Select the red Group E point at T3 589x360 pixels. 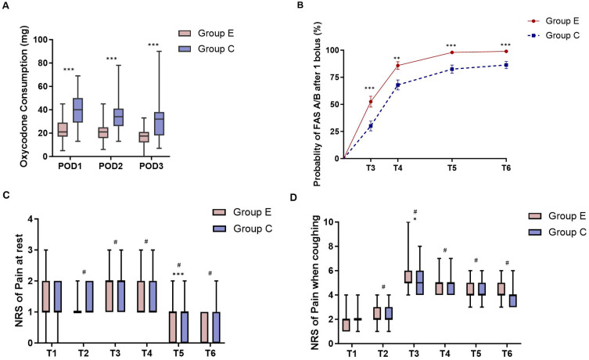click(370, 102)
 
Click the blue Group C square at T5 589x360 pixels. click(451, 69)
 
